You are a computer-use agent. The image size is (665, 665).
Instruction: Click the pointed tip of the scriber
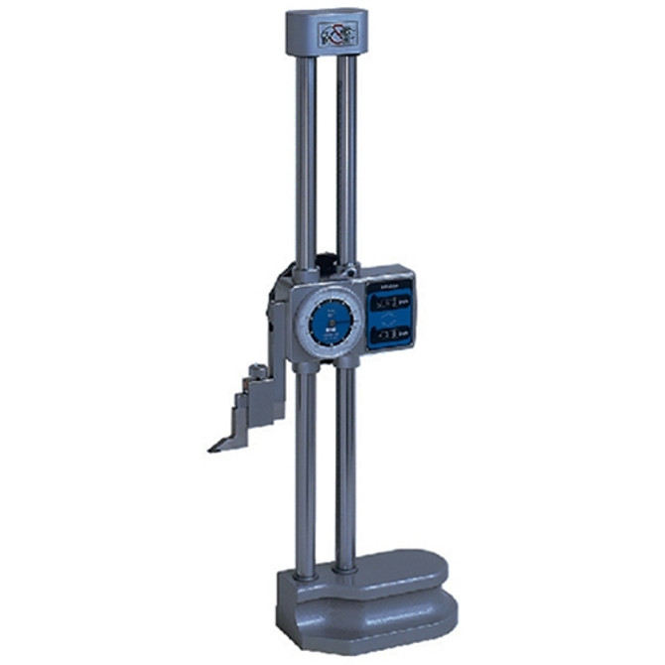[211, 449]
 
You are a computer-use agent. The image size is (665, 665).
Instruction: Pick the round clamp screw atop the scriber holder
[258, 371]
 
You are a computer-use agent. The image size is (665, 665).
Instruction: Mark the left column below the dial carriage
[306, 466]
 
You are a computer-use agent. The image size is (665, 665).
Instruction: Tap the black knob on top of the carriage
[327, 266]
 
